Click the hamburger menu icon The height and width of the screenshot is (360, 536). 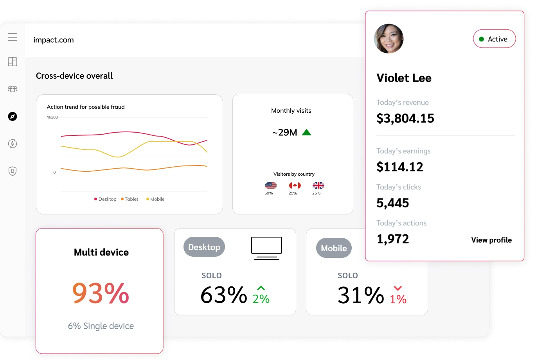[13, 37]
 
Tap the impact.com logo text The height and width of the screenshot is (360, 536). [54, 40]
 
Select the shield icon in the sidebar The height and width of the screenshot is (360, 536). [13, 171]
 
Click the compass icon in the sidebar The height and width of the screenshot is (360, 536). [13, 116]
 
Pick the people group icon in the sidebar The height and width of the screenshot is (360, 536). [13, 89]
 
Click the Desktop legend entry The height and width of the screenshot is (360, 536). [105, 199]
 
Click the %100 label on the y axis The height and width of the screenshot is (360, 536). [52, 117]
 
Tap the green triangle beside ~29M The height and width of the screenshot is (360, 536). [306, 132]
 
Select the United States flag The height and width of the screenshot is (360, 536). [271, 185]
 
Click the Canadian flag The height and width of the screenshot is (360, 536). [295, 185]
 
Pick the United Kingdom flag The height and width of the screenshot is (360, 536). [318, 185]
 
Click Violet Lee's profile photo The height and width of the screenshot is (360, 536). [389, 39]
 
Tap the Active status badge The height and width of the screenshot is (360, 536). [494, 39]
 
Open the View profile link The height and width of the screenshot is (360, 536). [491, 240]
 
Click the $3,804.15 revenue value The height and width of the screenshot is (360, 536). [405, 118]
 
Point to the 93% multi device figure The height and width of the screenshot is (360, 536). [101, 293]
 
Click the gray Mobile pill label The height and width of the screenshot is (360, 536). [334, 248]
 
